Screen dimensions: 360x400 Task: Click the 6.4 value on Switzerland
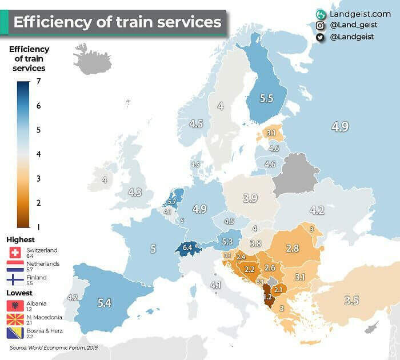188,248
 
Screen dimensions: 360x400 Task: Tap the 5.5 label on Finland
266,98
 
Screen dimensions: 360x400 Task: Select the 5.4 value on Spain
104,303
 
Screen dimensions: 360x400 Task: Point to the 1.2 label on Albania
267,297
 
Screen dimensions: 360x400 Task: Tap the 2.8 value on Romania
293,248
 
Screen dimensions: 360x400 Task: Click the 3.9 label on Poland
250,198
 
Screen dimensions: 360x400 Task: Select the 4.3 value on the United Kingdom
135,192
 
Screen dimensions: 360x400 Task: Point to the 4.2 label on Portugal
72,297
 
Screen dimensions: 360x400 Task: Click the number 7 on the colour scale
37,82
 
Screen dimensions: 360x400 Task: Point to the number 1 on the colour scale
37,227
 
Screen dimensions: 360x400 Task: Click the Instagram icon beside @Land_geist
321,25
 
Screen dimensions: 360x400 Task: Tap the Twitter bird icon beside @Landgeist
321,37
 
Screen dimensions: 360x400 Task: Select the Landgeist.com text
361,13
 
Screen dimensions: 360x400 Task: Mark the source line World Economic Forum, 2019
54,347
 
